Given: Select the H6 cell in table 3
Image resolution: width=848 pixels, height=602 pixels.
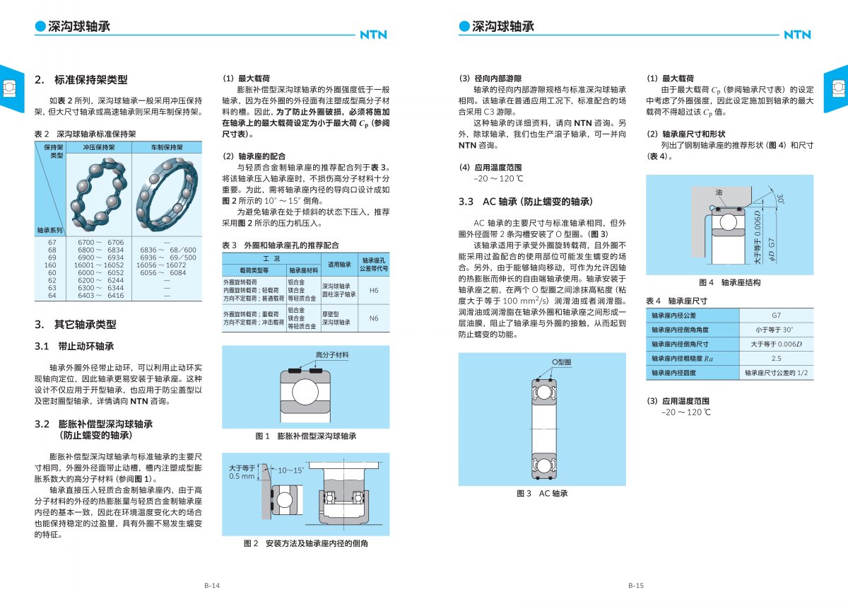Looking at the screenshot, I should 374,290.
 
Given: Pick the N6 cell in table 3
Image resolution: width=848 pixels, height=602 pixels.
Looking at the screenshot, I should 374,318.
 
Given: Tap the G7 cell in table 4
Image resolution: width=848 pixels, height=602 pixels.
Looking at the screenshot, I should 776,316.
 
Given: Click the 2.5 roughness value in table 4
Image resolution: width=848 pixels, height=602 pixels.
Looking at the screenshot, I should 776,358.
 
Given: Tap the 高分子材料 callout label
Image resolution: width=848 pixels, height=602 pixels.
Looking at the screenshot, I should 332,355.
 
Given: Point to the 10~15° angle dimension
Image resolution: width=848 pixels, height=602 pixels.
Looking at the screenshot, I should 290,470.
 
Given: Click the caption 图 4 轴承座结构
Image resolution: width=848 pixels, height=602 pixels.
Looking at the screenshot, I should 730,283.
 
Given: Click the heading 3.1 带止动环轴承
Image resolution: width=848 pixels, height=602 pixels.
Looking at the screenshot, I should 74,347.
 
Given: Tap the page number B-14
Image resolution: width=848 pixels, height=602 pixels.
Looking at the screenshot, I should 212,586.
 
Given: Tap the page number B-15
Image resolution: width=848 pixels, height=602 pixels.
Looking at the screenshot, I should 635,586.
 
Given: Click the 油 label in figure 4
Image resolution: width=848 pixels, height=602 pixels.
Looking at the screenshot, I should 719,192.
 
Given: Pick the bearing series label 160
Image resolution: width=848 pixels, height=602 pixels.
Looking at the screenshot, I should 51,265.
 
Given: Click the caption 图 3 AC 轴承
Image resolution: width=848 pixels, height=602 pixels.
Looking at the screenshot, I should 542,493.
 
